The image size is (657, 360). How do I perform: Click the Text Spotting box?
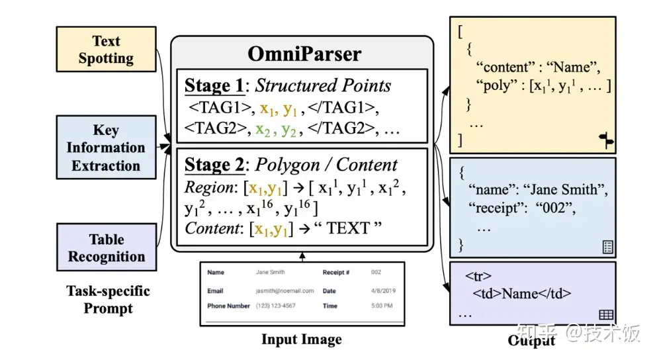(x=106, y=50)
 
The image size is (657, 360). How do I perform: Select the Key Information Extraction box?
(x=106, y=148)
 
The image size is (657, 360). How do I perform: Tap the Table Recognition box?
(x=106, y=247)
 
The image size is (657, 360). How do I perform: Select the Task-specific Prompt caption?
(x=108, y=299)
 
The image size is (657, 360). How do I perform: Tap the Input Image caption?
(x=302, y=339)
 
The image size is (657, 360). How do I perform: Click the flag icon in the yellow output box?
(x=605, y=138)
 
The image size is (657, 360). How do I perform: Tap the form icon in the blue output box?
(x=607, y=247)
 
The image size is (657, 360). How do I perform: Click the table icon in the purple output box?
(x=605, y=315)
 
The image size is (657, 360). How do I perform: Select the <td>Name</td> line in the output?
(x=521, y=294)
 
